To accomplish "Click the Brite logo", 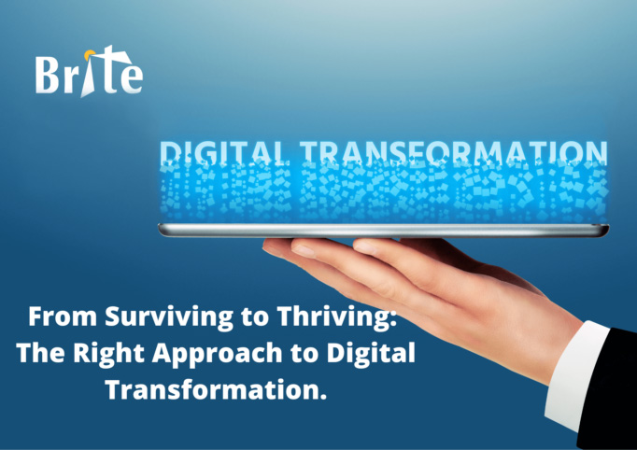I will (x=89, y=73).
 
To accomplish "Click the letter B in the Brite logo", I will (x=50, y=75).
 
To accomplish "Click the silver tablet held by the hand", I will (x=383, y=230).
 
